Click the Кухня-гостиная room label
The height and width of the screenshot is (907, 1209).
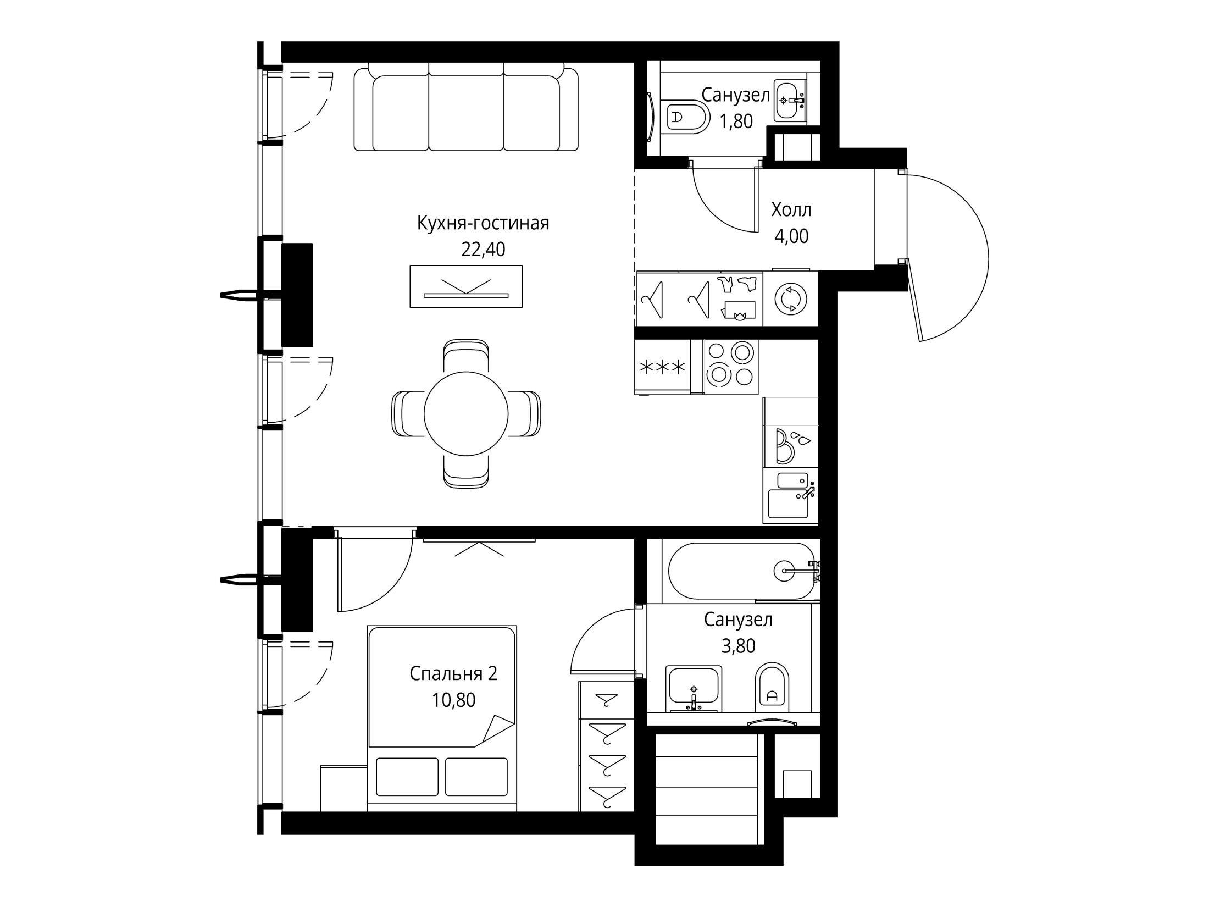tap(483, 224)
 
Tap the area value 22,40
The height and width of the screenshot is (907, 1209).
tap(483, 250)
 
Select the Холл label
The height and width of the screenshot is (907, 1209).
tap(791, 210)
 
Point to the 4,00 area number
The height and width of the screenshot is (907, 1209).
tap(791, 236)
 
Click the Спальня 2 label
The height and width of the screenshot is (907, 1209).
tap(453, 674)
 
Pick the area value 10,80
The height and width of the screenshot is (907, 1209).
tap(453, 700)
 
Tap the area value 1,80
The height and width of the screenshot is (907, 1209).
tap(736, 121)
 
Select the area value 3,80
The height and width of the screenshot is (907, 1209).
tap(738, 646)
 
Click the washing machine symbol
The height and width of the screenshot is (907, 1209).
tap(791, 299)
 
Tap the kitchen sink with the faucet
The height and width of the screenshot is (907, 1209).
tap(790, 496)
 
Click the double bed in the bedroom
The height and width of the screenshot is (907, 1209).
tap(442, 718)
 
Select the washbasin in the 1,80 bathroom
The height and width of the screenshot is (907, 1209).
tap(790, 100)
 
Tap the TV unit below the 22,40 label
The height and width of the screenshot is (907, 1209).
tap(466, 286)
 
